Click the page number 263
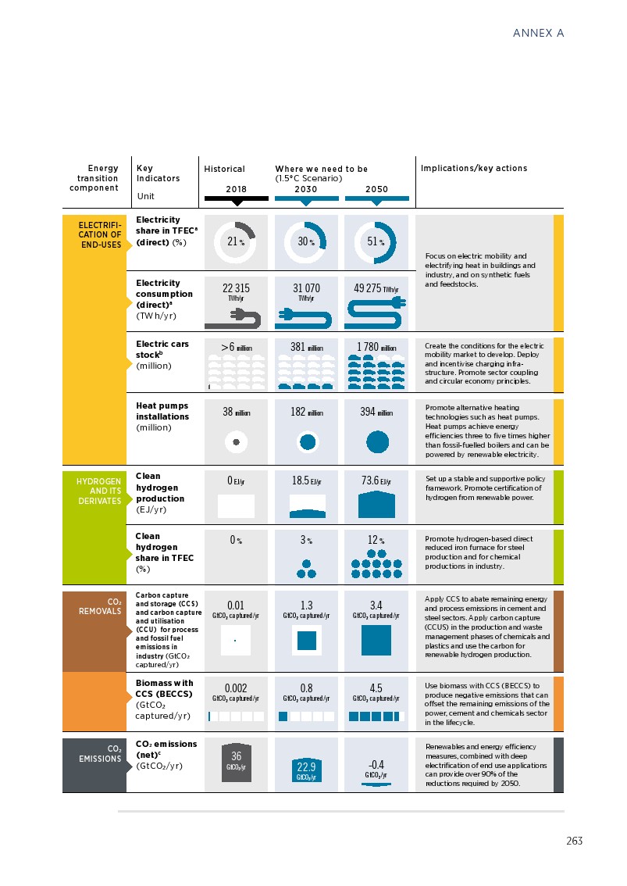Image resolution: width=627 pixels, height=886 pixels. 574,841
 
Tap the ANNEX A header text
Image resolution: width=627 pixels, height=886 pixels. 538,33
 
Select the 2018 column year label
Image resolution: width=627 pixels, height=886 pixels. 236,189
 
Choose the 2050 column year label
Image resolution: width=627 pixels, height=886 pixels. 376,189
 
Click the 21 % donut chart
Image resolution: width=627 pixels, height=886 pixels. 236,241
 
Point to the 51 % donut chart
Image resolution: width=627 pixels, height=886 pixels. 376,241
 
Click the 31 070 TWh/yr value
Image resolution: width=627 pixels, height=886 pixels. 306,289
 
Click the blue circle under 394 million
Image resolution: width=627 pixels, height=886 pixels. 377,442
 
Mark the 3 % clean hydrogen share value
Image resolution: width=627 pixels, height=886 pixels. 306,540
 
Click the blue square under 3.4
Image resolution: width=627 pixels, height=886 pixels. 376,641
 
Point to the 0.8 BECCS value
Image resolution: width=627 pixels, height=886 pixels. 306,688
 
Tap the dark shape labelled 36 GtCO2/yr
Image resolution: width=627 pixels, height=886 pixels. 236,761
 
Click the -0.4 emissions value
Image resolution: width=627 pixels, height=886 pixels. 376,764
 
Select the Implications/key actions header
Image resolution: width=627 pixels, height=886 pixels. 474,168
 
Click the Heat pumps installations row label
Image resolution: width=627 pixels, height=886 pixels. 162,416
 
